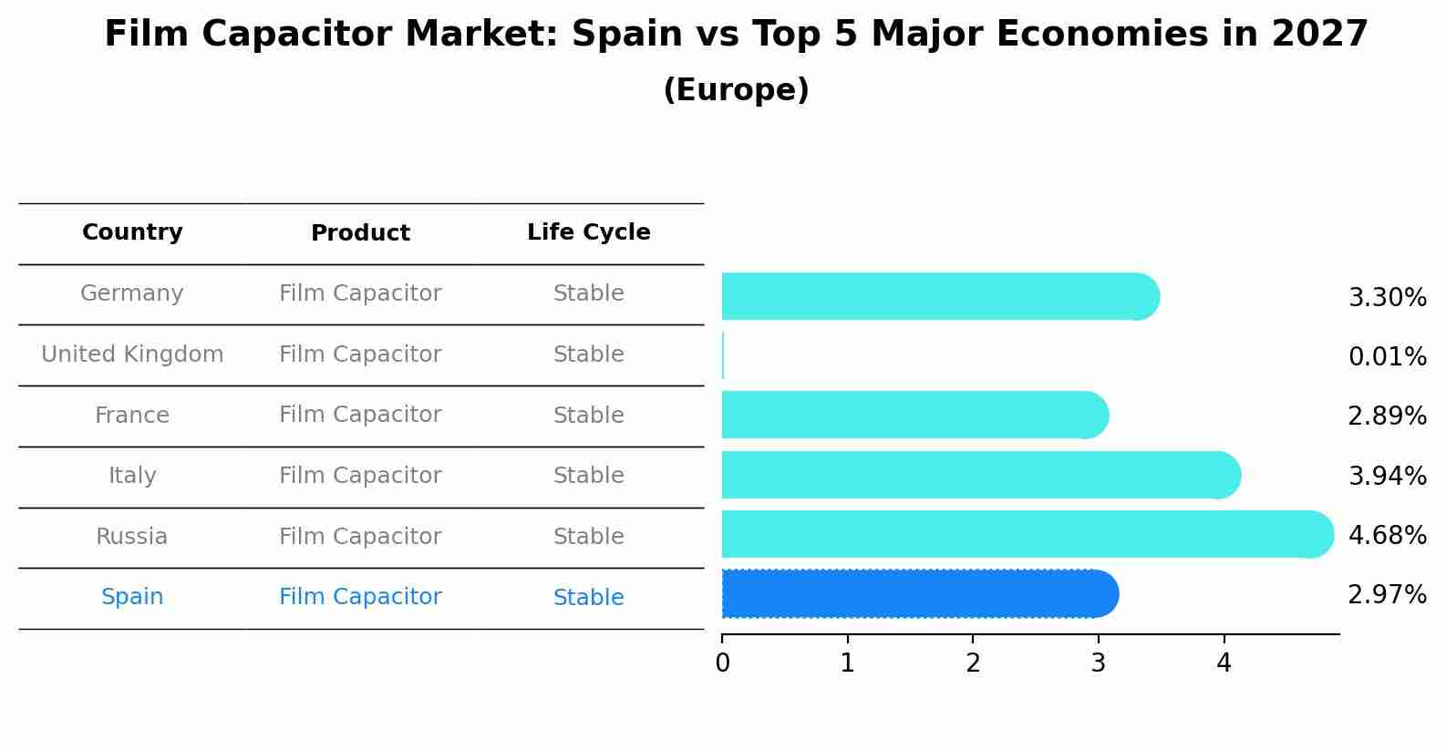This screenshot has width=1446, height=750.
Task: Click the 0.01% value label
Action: (x=1387, y=356)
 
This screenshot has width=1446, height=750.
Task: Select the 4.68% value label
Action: (x=1387, y=535)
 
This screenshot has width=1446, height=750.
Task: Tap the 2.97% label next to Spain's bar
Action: (x=1387, y=595)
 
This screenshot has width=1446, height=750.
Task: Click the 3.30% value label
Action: (x=1387, y=298)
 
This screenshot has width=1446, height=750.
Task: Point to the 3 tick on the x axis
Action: (x=1099, y=663)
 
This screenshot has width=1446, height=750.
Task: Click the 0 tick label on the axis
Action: (x=722, y=663)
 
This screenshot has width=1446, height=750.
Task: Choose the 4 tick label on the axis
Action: (x=1224, y=663)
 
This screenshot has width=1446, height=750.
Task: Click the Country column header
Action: (x=132, y=232)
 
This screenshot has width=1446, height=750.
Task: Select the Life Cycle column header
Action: (x=588, y=232)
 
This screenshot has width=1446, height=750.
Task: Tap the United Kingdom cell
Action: (x=132, y=354)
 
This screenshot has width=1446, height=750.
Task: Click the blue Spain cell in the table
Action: (x=132, y=597)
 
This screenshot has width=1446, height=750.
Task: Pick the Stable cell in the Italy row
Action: (x=588, y=476)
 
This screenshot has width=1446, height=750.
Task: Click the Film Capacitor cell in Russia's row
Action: (x=360, y=537)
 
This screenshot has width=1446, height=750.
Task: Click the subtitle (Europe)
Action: (x=736, y=90)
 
